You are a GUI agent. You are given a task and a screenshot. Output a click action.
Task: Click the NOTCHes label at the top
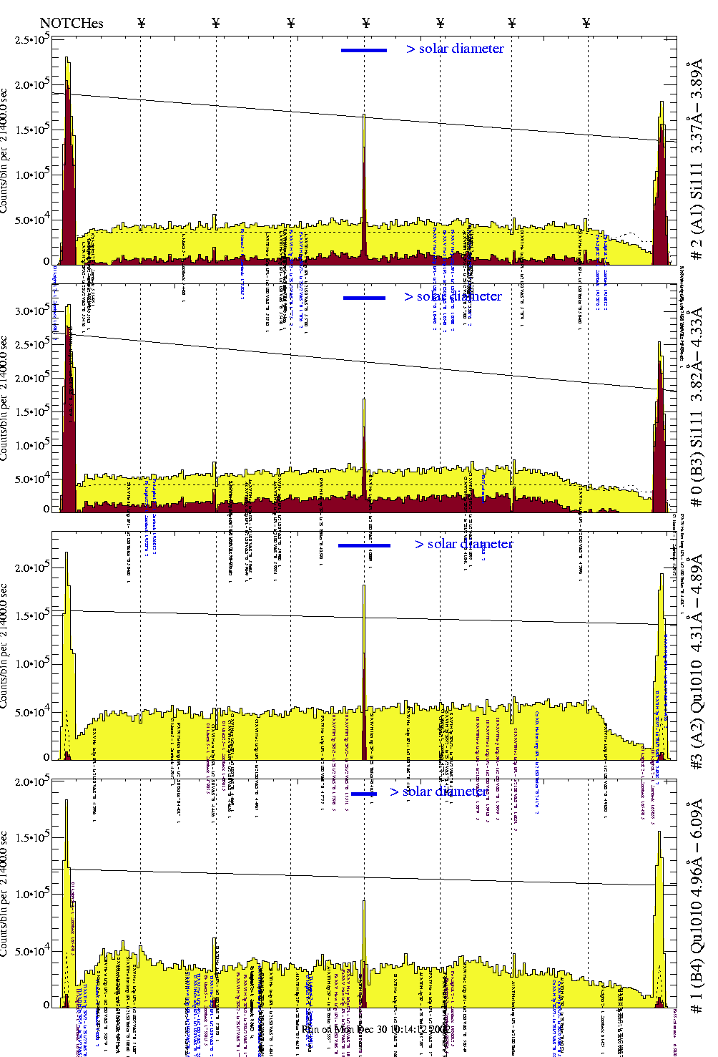point(72,23)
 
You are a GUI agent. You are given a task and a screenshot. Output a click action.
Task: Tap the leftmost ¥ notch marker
point(141,23)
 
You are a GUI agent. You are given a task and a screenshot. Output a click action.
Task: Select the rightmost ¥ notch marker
point(586,23)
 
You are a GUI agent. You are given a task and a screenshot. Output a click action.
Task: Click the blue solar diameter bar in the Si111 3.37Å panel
point(364,50)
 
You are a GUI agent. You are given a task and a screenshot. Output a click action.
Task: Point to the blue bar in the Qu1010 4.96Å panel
point(364,793)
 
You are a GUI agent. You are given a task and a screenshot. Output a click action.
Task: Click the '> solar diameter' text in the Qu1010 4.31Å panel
point(463,544)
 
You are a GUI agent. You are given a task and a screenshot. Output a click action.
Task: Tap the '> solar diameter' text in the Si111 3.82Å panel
point(453,296)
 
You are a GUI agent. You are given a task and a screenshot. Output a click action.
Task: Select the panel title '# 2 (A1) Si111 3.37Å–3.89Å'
point(696,162)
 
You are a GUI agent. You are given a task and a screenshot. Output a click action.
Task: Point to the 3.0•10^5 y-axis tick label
point(32,311)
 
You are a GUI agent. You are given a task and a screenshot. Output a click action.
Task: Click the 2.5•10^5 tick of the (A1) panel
point(32,39)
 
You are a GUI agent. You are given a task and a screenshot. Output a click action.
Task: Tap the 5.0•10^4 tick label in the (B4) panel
point(32,951)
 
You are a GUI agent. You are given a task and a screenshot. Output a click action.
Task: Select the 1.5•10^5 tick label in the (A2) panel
point(32,615)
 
